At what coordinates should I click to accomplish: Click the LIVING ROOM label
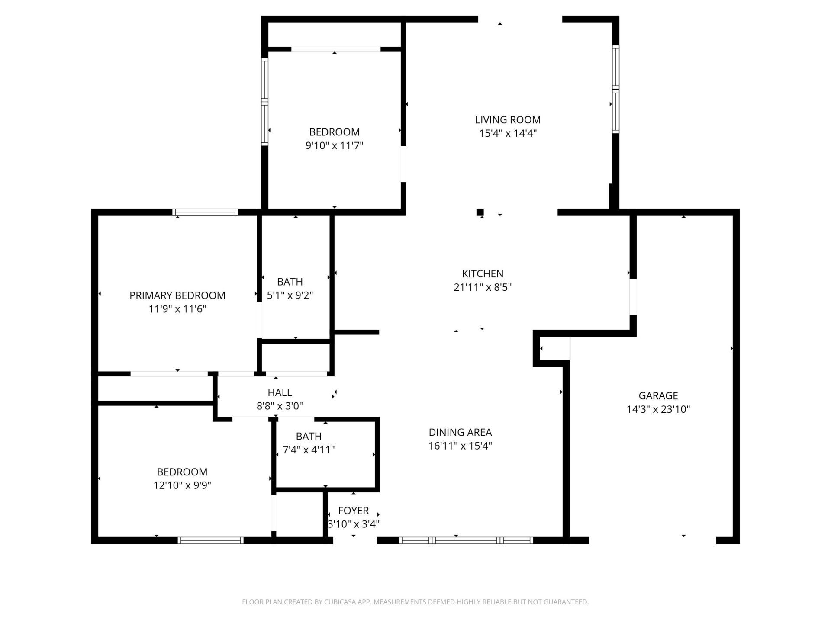point(508,120)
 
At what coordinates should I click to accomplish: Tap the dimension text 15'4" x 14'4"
point(508,133)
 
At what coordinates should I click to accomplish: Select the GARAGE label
point(658,395)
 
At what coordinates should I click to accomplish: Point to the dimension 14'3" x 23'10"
point(658,409)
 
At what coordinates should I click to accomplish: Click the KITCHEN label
point(483,273)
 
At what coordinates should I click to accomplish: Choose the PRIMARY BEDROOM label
point(177,295)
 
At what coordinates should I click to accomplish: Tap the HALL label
point(280,392)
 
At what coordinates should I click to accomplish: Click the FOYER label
point(354,511)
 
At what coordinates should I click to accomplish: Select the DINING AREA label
point(460,432)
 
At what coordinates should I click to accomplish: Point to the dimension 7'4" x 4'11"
point(309,450)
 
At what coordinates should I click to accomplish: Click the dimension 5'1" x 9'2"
point(290,295)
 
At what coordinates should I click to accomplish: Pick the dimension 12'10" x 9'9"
point(182,485)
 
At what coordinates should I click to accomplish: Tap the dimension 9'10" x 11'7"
point(334,145)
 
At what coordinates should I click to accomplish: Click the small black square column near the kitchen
point(480,212)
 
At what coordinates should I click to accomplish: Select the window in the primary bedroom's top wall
point(205,212)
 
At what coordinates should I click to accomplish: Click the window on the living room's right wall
point(615,89)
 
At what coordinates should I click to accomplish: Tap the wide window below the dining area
point(466,540)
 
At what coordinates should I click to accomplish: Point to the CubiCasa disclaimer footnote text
point(415,602)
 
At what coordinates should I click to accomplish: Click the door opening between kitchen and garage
point(633,296)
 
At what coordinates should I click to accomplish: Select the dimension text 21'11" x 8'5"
point(483,287)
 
